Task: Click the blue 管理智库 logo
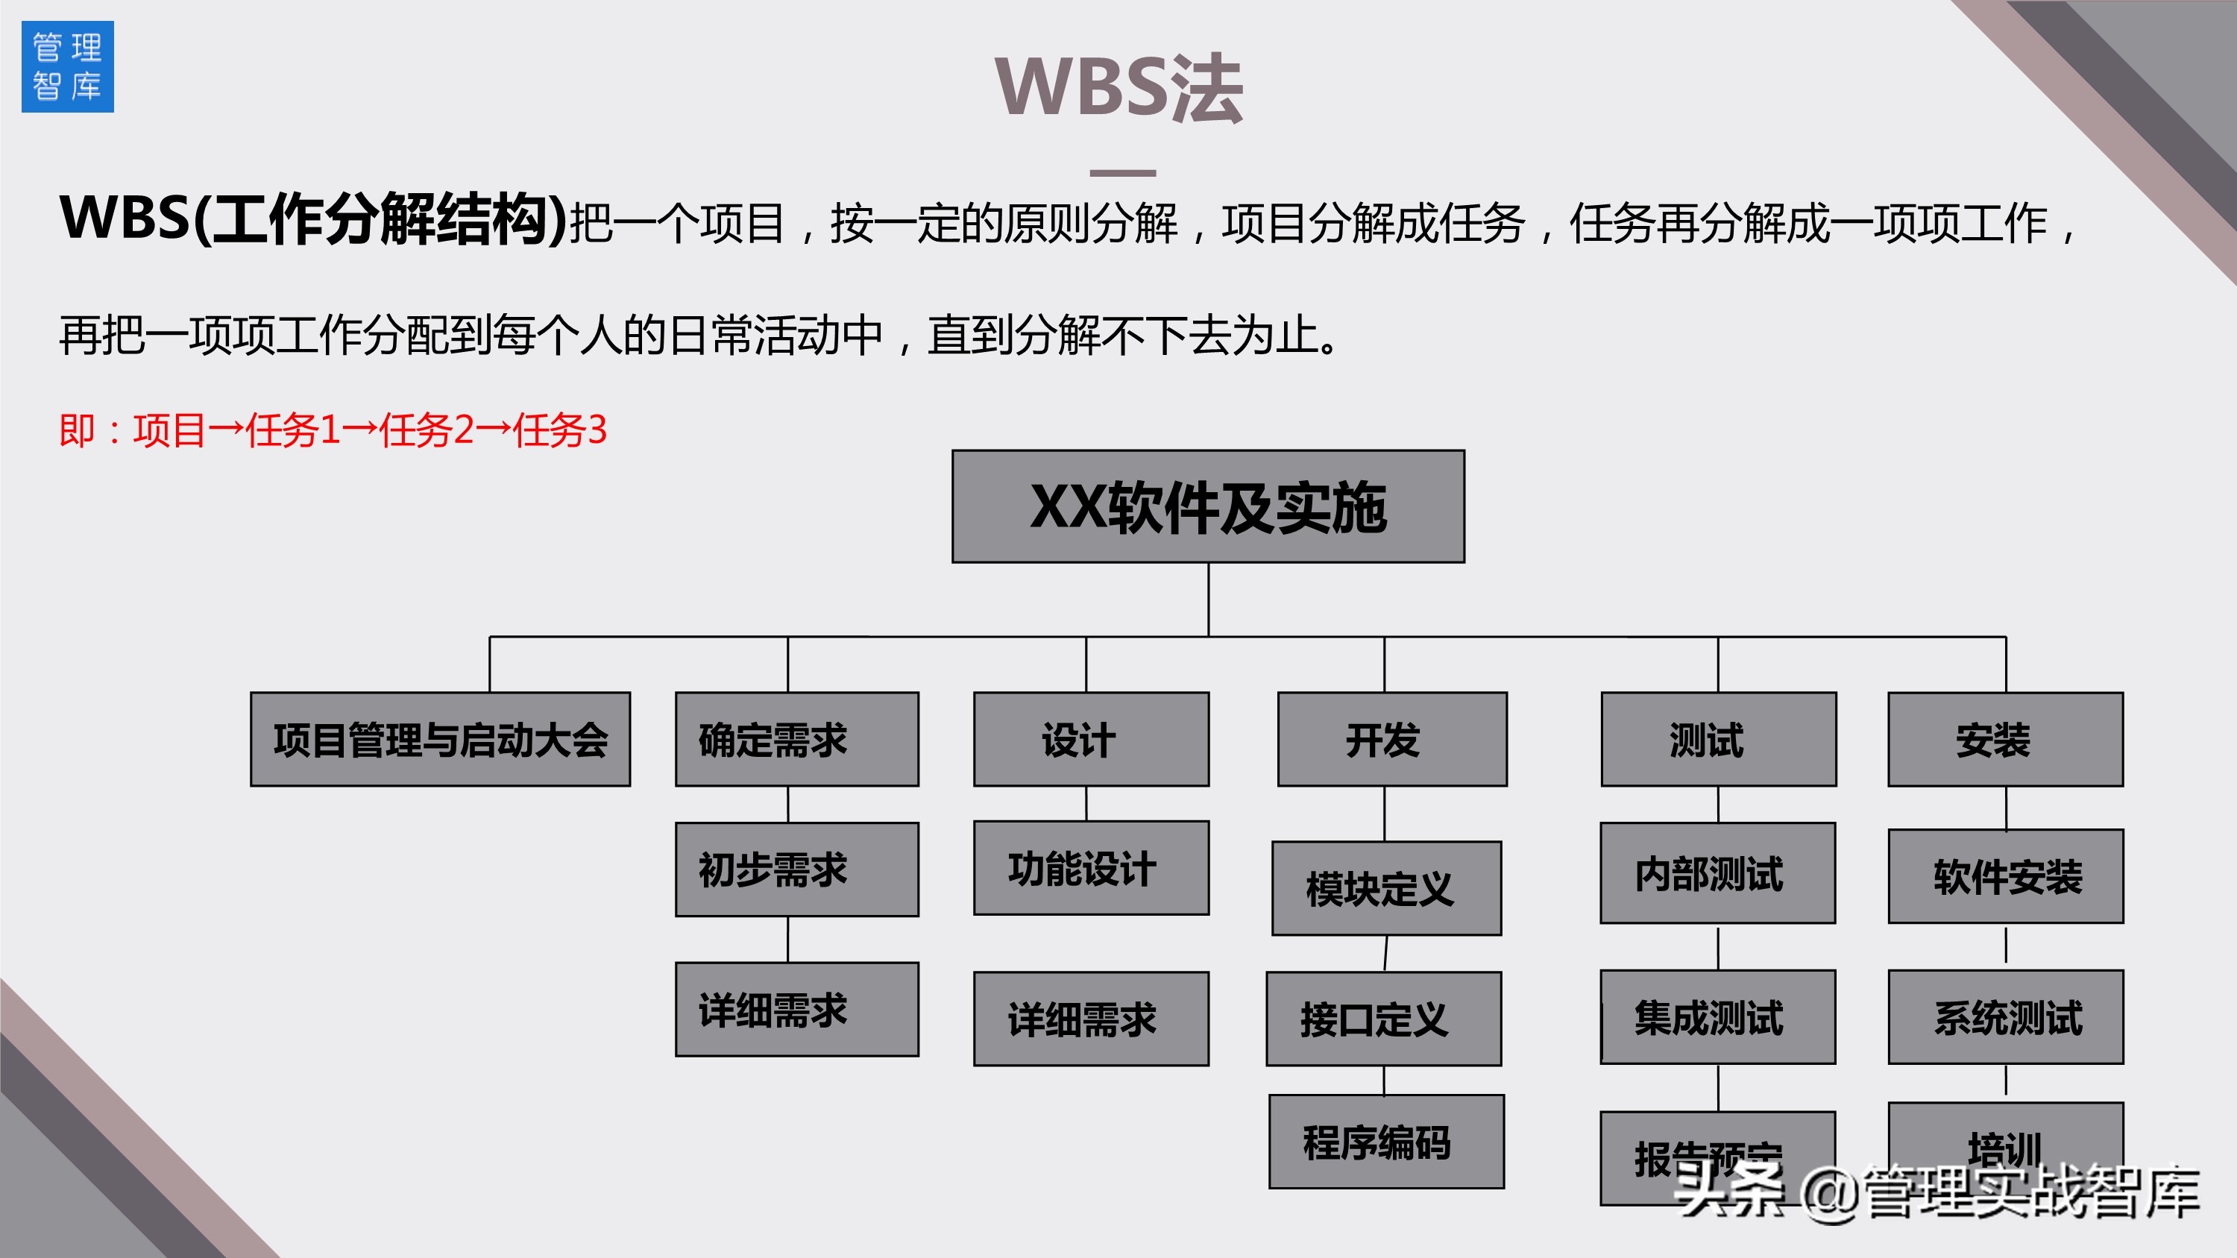pyautogui.click(x=68, y=67)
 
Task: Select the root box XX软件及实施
pyautogui.click(x=1208, y=506)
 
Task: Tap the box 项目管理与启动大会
pyautogui.click(x=440, y=740)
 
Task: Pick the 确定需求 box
pyautogui.click(x=796, y=740)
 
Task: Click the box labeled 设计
pyautogui.click(x=1091, y=740)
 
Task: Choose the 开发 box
pyautogui.click(x=1392, y=740)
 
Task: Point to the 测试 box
pyautogui.click(x=1718, y=740)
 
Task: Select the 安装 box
pyautogui.click(x=2005, y=740)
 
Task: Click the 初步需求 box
pyautogui.click(x=796, y=869)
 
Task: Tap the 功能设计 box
pyautogui.click(x=1091, y=868)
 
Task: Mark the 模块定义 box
pyautogui.click(x=1386, y=888)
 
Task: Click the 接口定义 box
pyautogui.click(x=1383, y=1019)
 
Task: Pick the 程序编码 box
pyautogui.click(x=1386, y=1142)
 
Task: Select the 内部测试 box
pyautogui.click(x=1718, y=873)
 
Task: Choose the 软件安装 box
pyautogui.click(x=2005, y=876)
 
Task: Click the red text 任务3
pyautogui.click(x=560, y=430)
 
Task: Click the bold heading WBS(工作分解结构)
pyautogui.click(x=312, y=218)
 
